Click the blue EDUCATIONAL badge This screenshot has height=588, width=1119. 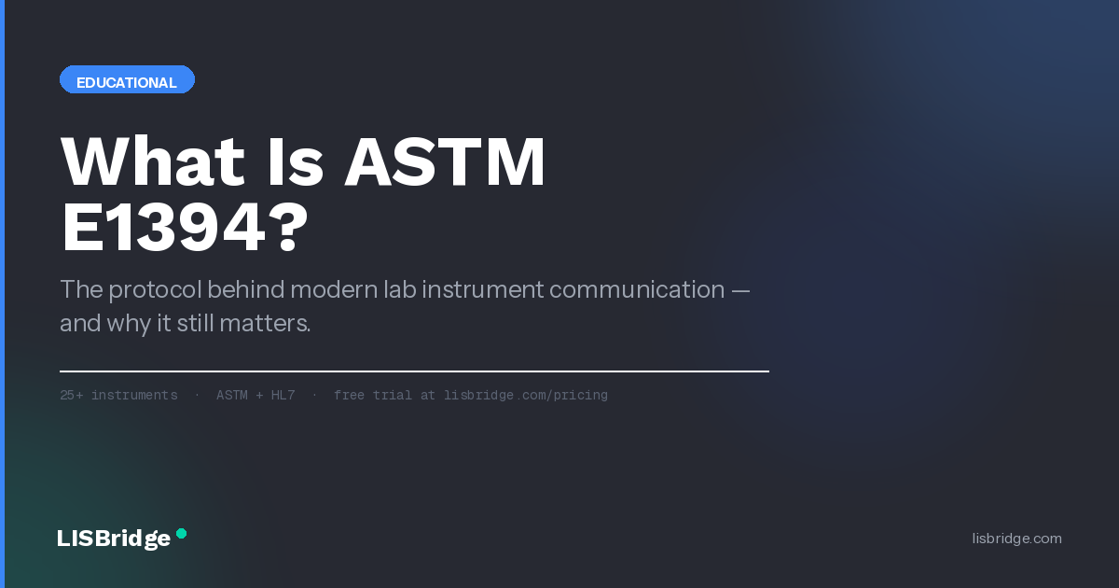(127, 79)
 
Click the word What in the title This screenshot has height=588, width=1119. (153, 161)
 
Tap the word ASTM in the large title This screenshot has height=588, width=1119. (445, 161)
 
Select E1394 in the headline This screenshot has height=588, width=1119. (163, 228)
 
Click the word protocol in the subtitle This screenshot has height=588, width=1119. (155, 290)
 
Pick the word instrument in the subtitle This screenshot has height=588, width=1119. (483, 289)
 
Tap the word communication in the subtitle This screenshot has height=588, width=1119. (637, 289)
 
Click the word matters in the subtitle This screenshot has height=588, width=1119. (265, 324)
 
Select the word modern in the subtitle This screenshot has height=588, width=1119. (334, 289)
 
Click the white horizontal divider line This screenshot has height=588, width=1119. (414, 371)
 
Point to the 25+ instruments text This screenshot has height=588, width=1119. (119, 395)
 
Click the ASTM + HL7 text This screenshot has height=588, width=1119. (256, 395)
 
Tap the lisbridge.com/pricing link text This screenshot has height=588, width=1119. (526, 396)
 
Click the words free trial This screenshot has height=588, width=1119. (373, 395)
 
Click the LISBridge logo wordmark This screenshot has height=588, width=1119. (114, 539)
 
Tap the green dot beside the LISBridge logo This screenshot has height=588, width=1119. (181, 534)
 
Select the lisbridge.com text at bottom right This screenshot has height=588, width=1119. (1016, 539)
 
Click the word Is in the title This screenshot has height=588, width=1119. (296, 161)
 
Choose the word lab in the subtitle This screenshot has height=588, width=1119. (400, 289)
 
